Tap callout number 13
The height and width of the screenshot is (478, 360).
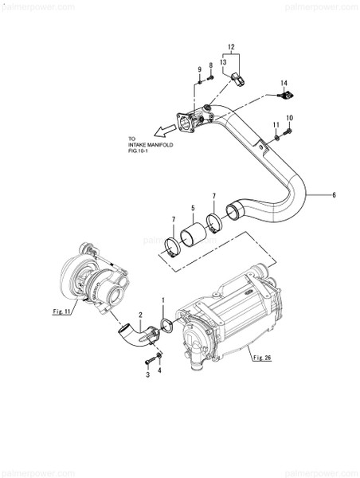click(224, 61)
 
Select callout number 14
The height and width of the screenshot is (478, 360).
click(283, 82)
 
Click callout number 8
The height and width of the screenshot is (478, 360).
click(210, 65)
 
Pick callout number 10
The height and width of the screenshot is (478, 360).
click(289, 119)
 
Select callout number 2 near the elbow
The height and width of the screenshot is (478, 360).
click(140, 315)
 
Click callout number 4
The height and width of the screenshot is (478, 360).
click(159, 370)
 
